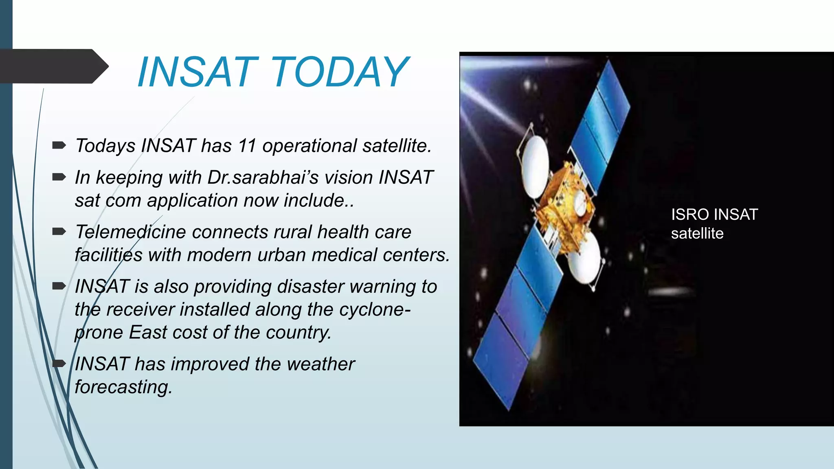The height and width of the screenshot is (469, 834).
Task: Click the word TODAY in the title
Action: pyautogui.click(x=339, y=72)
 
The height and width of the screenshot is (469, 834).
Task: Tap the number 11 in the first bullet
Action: pyautogui.click(x=247, y=146)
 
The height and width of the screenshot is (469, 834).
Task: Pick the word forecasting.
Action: pyautogui.click(x=123, y=387)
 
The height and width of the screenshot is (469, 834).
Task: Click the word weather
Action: pyautogui.click(x=320, y=364)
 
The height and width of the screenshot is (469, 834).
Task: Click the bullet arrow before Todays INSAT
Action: pyautogui.click(x=59, y=145)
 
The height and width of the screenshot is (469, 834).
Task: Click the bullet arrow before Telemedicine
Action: pyautogui.click(x=59, y=232)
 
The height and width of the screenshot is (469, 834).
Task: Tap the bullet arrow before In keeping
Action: pyautogui.click(x=59, y=177)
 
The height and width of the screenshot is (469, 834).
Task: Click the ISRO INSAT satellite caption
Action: pyautogui.click(x=714, y=224)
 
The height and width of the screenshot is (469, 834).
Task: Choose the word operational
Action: pyautogui.click(x=309, y=146)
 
